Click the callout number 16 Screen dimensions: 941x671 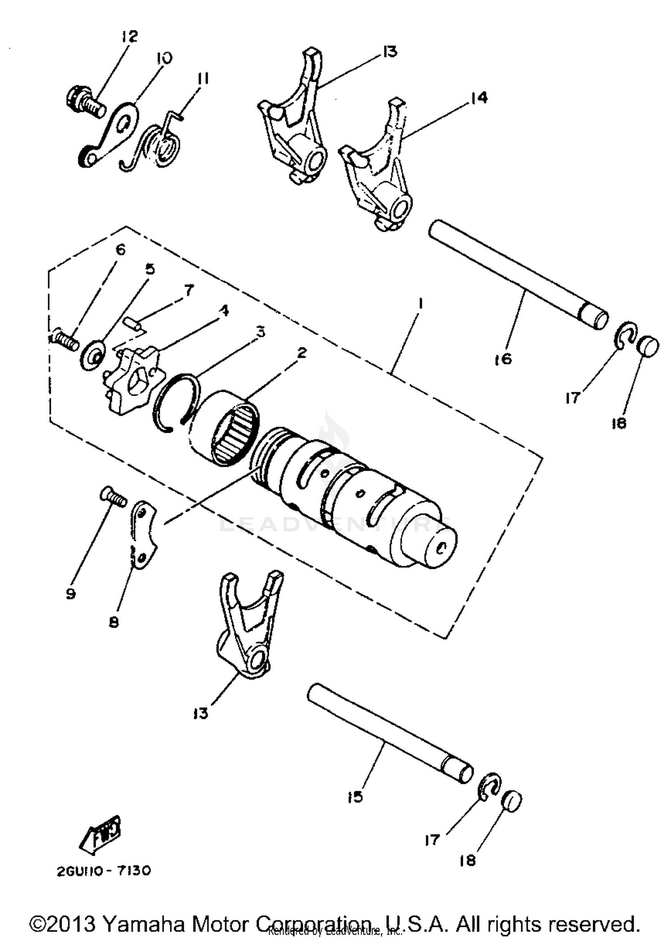coord(503,358)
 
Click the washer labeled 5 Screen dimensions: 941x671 coord(93,358)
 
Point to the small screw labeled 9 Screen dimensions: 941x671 coord(113,497)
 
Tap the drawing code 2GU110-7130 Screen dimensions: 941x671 coord(104,871)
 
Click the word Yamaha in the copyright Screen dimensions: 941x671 coord(143,923)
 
